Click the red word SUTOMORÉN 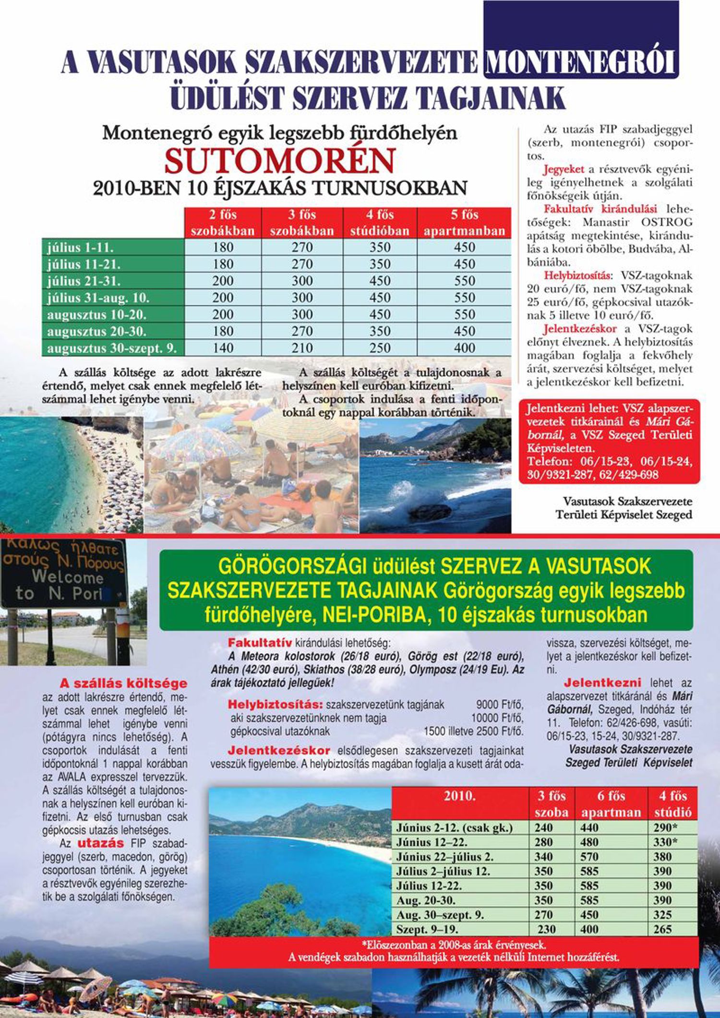tap(280, 161)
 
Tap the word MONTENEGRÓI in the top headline tap(581, 63)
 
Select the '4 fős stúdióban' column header tap(380, 223)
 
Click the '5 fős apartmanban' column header tap(464, 223)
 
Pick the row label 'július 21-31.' tap(84, 281)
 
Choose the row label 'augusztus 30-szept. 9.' tap(112, 348)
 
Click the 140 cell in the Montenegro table tap(223, 348)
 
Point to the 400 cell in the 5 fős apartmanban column tap(464, 348)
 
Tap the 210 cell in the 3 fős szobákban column tap(302, 348)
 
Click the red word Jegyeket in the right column tap(564, 169)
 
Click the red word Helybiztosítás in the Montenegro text tap(577, 276)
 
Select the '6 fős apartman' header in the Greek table tap(611, 804)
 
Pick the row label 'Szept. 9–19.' tap(427, 929)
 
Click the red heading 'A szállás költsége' tap(123, 683)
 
